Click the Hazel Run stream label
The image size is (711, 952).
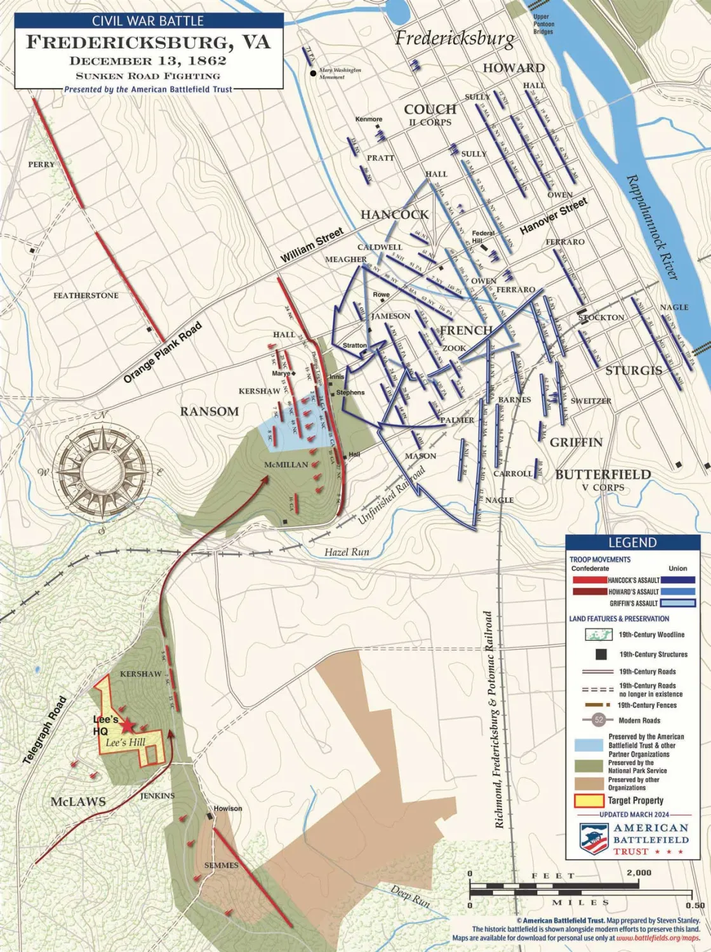[x=346, y=552]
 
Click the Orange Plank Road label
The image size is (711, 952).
[x=163, y=352]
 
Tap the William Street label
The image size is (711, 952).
[x=312, y=245]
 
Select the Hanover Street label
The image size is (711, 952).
[x=554, y=216]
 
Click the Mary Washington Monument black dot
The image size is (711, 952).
[x=313, y=74]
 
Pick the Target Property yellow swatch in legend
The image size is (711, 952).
[x=588, y=801]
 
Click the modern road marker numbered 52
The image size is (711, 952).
[x=598, y=720]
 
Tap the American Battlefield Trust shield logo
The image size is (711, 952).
[x=595, y=838]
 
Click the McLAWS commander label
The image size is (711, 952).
[x=78, y=801]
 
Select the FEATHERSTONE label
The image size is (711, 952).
[x=86, y=295]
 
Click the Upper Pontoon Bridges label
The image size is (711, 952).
[x=543, y=24]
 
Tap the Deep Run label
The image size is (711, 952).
[x=409, y=895]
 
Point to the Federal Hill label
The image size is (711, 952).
[x=483, y=237]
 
